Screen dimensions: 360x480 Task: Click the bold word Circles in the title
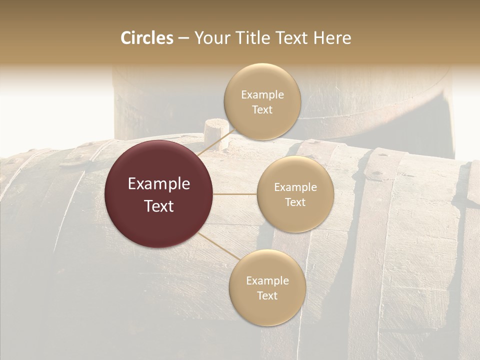coord(146,38)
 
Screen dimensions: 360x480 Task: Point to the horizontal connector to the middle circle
coord(235,194)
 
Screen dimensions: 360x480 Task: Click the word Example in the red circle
coord(159,184)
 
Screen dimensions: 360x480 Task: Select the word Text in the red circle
coord(159,206)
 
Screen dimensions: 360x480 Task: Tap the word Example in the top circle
coord(262,95)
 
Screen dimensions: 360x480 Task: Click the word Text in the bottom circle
coord(267,295)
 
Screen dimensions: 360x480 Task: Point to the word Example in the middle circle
coord(295,187)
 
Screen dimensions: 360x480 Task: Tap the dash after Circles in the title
coord(183,38)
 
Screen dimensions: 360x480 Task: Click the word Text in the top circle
coord(262,110)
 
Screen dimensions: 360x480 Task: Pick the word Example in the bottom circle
coord(267,280)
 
